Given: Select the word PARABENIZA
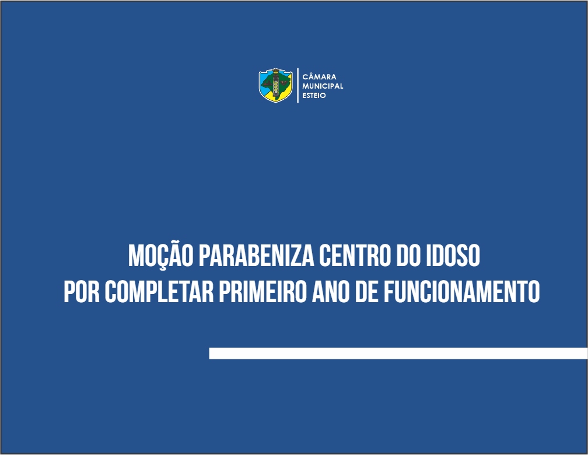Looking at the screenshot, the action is [x=256, y=256].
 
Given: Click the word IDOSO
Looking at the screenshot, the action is [x=453, y=256].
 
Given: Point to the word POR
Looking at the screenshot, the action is [x=82, y=292].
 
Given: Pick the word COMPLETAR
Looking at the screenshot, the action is [x=159, y=292].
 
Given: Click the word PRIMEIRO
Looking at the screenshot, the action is [x=263, y=292].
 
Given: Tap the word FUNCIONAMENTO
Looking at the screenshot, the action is [x=461, y=292].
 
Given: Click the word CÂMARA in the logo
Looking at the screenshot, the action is [x=319, y=76].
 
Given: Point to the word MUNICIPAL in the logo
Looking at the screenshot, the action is [x=323, y=86].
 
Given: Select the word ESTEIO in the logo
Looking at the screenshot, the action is [x=314, y=95].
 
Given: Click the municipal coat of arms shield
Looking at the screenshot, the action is [x=275, y=86].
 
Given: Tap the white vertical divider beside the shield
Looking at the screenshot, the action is [x=297, y=86].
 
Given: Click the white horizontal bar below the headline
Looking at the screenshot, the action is [x=398, y=353].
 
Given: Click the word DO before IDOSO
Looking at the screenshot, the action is [x=408, y=256].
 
